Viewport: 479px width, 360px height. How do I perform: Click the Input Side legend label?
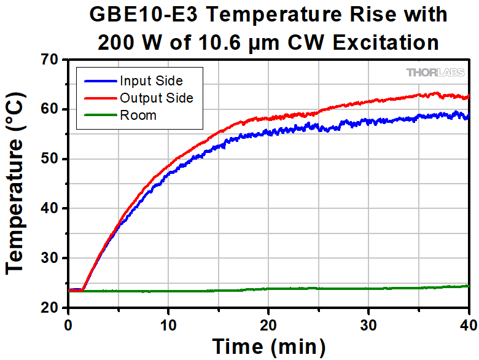click(x=151, y=80)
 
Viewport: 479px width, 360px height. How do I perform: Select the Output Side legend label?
click(x=157, y=98)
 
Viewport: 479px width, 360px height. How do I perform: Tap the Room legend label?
click(x=138, y=115)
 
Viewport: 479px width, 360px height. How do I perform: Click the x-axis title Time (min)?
click(x=269, y=346)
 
